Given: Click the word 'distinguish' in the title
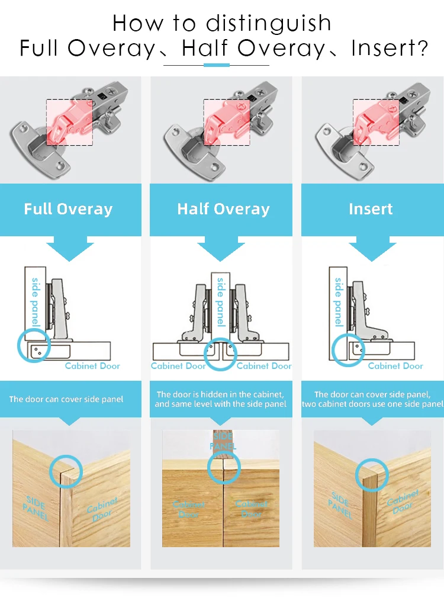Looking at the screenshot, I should click(269, 24).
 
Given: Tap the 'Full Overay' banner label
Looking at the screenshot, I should click(68, 209).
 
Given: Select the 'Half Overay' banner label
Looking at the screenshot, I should click(223, 209).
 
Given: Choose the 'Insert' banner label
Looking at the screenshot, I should click(371, 209).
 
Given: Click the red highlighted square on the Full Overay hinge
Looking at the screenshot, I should click(69, 122).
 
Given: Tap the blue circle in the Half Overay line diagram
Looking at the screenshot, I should click(220, 355).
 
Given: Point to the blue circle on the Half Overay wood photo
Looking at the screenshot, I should click(224, 468).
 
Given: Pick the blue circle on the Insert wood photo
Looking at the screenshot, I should click(372, 475).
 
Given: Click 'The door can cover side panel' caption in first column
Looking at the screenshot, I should click(66, 399).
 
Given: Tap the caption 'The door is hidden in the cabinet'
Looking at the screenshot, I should click(220, 394).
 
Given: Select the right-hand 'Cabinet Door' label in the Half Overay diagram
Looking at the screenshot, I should click(264, 366).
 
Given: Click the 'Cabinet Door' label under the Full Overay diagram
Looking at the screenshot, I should click(92, 366).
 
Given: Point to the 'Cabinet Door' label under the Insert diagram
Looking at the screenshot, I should click(395, 366).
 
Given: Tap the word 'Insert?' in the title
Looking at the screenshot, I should click(389, 48).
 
